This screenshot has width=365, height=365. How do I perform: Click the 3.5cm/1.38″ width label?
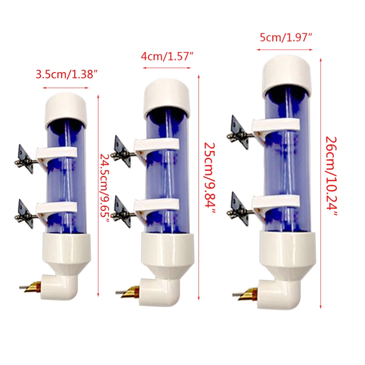pos(66,75)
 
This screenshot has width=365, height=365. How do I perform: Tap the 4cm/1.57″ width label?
pos(167,56)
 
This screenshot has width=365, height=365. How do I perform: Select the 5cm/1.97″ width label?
pos(286,38)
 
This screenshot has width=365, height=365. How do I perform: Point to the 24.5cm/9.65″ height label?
pos(104,188)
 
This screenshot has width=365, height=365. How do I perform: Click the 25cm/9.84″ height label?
pos(209,178)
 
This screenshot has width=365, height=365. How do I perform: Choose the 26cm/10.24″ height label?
pos(331,176)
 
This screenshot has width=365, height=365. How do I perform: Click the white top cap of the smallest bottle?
pos(66,109)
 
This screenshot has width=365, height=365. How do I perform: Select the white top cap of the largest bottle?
pos(287,74)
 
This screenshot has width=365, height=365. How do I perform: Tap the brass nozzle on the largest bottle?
pos(249,294)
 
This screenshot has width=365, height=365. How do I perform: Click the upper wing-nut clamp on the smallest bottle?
pos(25,159)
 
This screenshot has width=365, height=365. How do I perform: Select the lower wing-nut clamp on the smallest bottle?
pos(25,213)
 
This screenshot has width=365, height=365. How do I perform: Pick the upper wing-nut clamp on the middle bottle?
pos(122,151)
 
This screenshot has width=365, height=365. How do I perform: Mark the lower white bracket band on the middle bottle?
pos(157,204)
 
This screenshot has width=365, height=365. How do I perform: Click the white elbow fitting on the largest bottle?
pos(279,294)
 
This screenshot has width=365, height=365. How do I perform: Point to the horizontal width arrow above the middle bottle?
pos(167,68)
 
